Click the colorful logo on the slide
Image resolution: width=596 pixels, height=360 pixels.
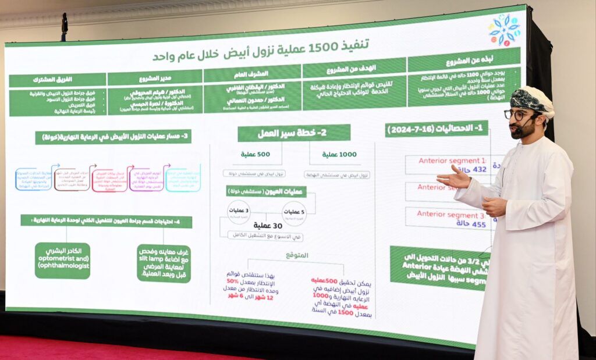click(504, 30)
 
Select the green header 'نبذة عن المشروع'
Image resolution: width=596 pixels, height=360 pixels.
click(463, 60)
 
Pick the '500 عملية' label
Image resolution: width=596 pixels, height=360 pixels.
click(256, 154)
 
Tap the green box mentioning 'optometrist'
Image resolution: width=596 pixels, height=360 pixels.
click(62, 261)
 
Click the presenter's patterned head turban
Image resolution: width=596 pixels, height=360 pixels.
click(531, 99)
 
